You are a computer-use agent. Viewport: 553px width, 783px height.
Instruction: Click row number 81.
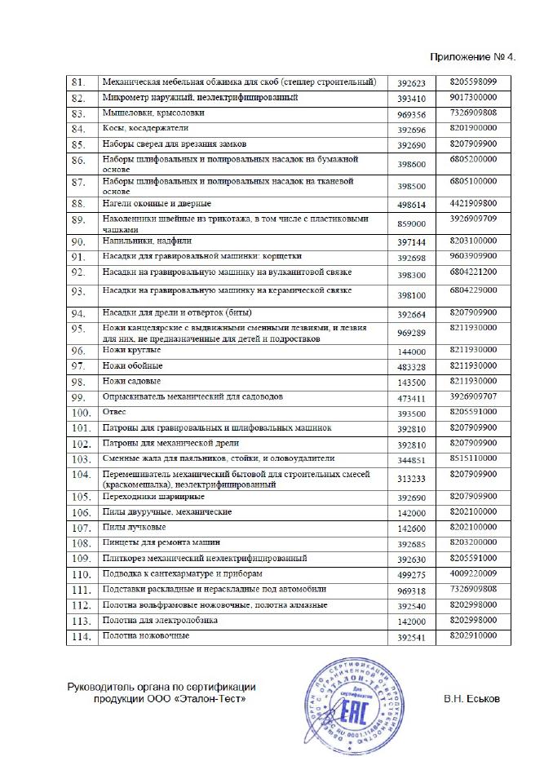point(79,83)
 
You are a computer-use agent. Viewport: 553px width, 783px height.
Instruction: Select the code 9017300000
point(473,97)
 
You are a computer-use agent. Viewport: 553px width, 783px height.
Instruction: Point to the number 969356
point(412,114)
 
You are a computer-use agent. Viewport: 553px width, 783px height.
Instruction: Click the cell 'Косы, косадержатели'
point(146,128)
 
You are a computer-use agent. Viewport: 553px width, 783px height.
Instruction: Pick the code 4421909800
point(473,202)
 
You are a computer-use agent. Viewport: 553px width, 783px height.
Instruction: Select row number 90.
point(79,242)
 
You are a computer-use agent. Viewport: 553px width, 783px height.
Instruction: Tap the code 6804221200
point(473,272)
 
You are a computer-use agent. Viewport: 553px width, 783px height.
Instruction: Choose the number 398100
point(412,296)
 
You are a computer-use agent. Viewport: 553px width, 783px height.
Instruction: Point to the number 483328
point(412,366)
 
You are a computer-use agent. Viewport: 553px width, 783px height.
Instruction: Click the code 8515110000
point(473,458)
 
